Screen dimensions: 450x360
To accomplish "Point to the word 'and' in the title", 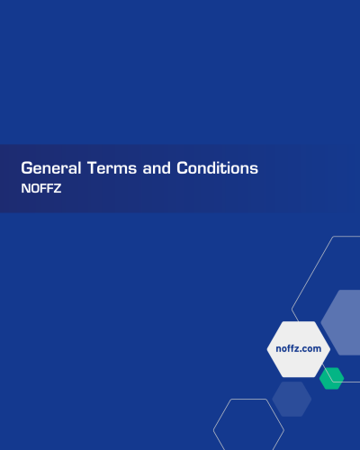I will click(158, 168).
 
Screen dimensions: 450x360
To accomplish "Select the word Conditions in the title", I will click(218, 168).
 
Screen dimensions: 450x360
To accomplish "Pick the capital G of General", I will click(27, 168).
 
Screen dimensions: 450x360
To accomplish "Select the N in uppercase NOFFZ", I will click(25, 189).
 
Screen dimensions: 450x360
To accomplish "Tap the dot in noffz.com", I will click(304, 350).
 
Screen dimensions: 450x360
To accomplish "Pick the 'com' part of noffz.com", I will click(313, 348).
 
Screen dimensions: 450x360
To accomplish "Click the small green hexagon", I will click(331, 378).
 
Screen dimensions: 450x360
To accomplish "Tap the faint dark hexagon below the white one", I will click(292, 399).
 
